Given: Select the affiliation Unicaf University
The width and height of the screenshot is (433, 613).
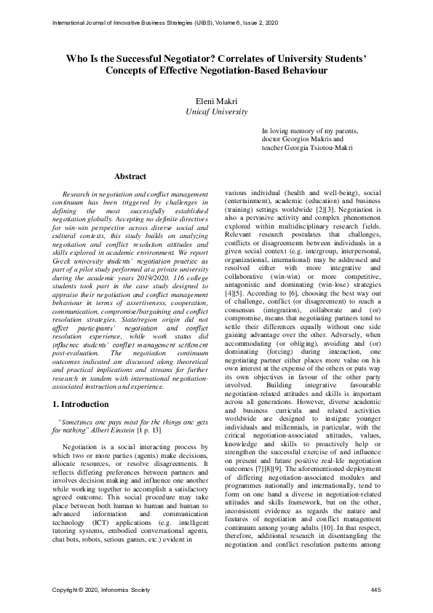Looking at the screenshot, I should pyautogui.click(x=216, y=111).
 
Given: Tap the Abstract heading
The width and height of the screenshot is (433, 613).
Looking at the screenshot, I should pyautogui.click(x=130, y=176).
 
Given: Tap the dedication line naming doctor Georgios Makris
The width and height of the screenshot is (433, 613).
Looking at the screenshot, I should pyautogui.click(x=300, y=138).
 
